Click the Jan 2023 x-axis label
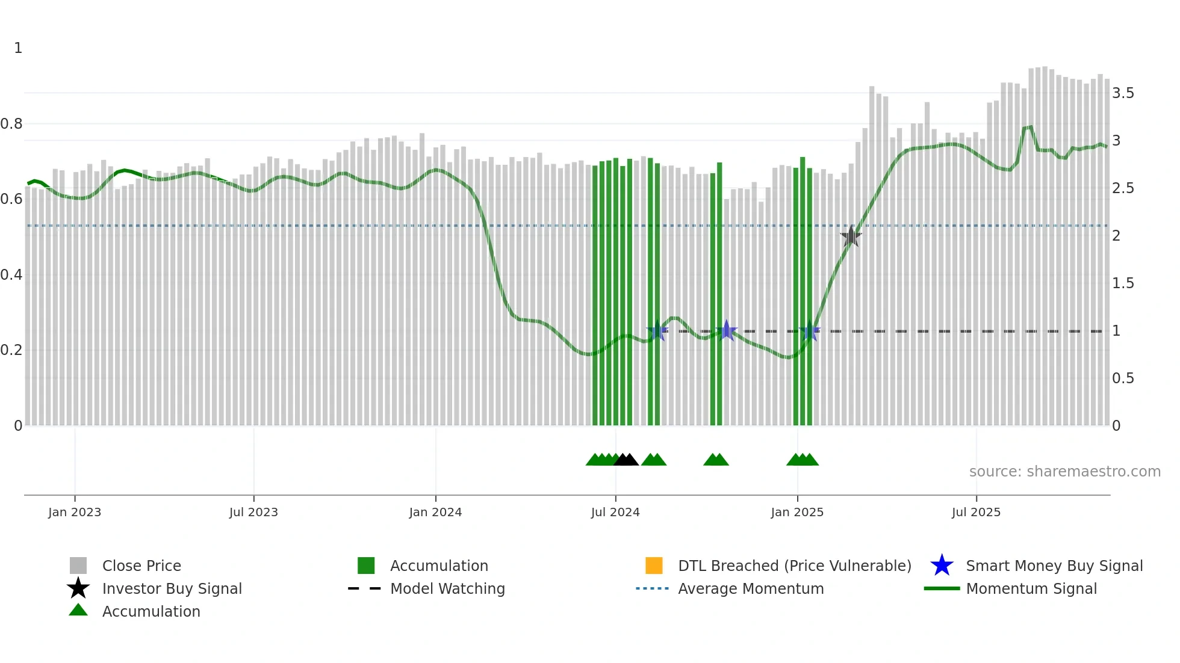click(x=75, y=512)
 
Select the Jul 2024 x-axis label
click(x=615, y=512)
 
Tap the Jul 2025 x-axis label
click(x=976, y=512)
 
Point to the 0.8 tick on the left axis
click(x=11, y=124)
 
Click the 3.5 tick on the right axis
click(x=1123, y=93)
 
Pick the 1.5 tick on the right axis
click(x=1123, y=283)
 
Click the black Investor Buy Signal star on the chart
click(x=851, y=236)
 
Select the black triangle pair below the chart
click(x=626, y=460)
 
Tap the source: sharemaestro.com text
click(x=1064, y=472)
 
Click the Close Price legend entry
click(x=141, y=566)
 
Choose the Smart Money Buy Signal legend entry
click(x=1054, y=566)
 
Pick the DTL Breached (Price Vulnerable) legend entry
click(x=794, y=566)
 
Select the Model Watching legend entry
click(x=447, y=588)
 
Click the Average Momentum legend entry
click(x=751, y=588)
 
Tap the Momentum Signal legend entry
click(x=1031, y=588)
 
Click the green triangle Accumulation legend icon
click(x=78, y=610)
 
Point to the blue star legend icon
click(x=942, y=566)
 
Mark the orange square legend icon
click(x=654, y=566)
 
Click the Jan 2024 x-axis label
click(x=435, y=512)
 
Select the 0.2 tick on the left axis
click(x=11, y=350)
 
